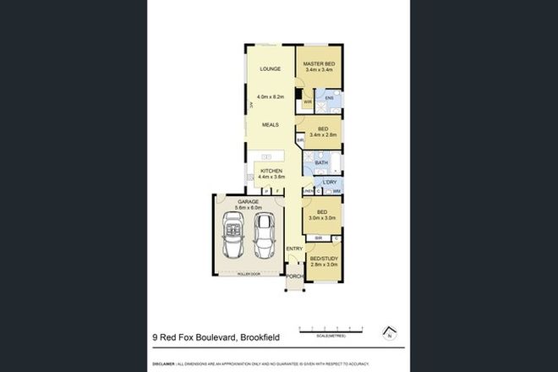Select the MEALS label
270,124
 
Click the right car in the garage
263,236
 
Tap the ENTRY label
293,248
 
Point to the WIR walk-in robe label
308,101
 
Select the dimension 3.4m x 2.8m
322,134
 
